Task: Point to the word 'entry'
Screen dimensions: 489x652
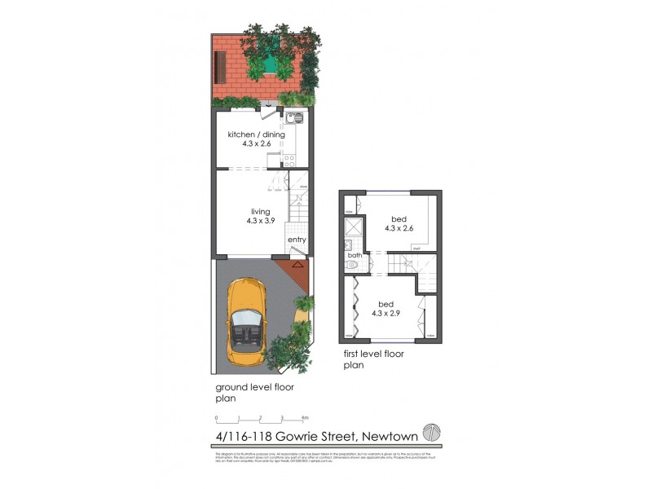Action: [297, 239]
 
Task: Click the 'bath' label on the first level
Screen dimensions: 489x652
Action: [354, 255]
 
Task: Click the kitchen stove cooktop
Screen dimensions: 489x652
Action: [289, 159]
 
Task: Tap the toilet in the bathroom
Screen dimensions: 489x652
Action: [351, 265]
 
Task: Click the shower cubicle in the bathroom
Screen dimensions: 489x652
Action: [350, 223]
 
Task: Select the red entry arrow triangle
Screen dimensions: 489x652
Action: [297, 264]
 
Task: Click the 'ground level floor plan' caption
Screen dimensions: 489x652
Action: [253, 393]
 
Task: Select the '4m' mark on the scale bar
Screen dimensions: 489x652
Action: [304, 418]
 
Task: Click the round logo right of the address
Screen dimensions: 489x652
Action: [430, 433]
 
